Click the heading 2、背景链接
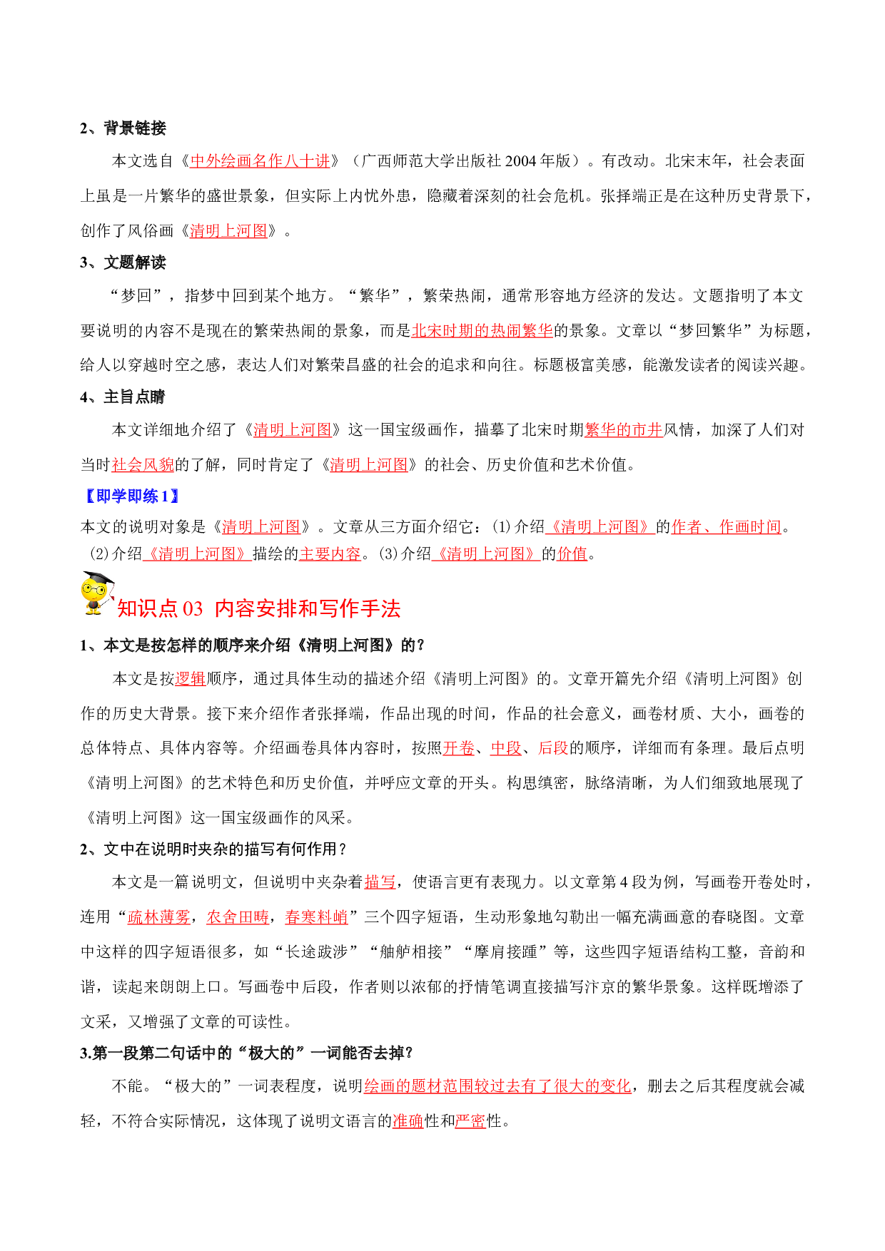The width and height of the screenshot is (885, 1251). pyautogui.click(x=123, y=128)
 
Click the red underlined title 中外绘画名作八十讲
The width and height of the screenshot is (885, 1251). pyautogui.click(x=261, y=161)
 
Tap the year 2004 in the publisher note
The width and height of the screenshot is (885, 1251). pyautogui.click(x=520, y=161)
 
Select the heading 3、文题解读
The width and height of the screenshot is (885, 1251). pyautogui.click(x=123, y=262)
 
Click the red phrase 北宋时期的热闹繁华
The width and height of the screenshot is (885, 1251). pyautogui.click(x=482, y=330)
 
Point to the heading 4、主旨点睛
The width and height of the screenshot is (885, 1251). pyautogui.click(x=123, y=397)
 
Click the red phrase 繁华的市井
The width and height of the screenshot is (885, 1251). pyautogui.click(x=624, y=429)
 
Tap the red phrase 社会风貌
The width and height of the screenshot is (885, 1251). pyautogui.click(x=143, y=464)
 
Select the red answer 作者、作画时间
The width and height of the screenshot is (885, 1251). pyautogui.click(x=727, y=526)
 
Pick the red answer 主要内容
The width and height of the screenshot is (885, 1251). pyautogui.click(x=330, y=553)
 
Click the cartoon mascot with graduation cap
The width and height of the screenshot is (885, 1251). pyautogui.click(x=97, y=593)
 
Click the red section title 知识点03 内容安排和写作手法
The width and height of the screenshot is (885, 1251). pyautogui.click(x=259, y=608)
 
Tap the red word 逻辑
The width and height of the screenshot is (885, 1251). pyautogui.click(x=191, y=678)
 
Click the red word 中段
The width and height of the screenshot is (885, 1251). pyautogui.click(x=506, y=747)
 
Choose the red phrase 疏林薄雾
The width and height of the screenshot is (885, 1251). pyautogui.click(x=159, y=916)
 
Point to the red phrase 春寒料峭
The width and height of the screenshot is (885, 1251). pyautogui.click(x=316, y=916)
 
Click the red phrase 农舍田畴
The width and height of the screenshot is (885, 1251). pyautogui.click(x=238, y=916)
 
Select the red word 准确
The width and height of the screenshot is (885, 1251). pyautogui.click(x=408, y=1120)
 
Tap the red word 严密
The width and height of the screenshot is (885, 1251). pyautogui.click(x=470, y=1120)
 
